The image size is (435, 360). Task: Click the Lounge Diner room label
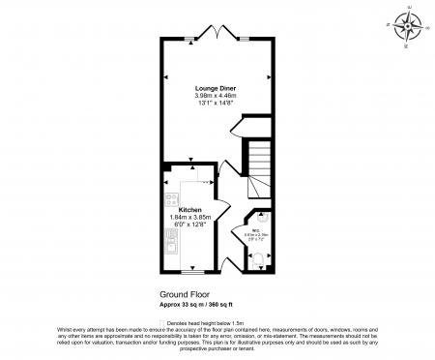216,88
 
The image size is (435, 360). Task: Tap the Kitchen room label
189,209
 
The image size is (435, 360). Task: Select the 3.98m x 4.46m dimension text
216,96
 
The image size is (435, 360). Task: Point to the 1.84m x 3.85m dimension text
189,217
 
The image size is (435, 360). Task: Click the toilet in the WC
258,258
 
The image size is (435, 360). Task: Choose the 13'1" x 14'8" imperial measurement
216,104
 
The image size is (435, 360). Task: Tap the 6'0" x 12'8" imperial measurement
189,225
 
